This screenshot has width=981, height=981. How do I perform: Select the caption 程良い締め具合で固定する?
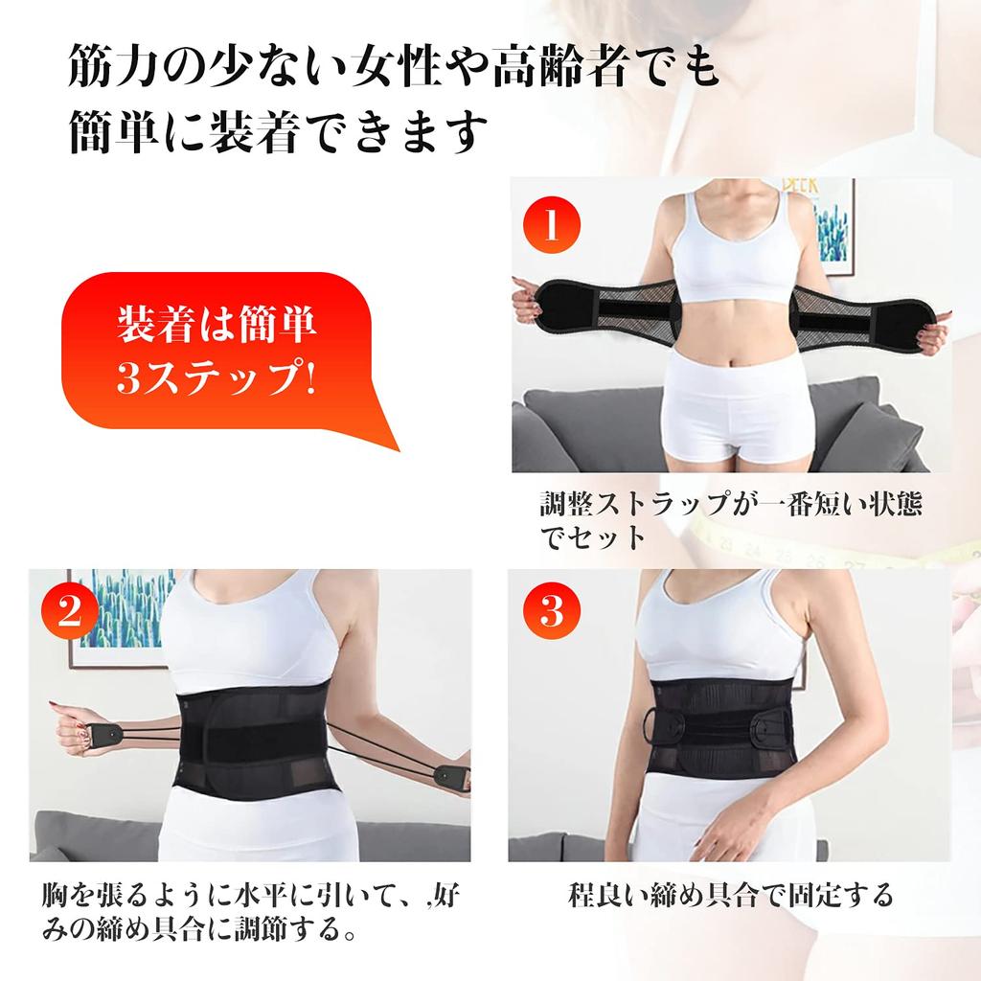click(x=730, y=895)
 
